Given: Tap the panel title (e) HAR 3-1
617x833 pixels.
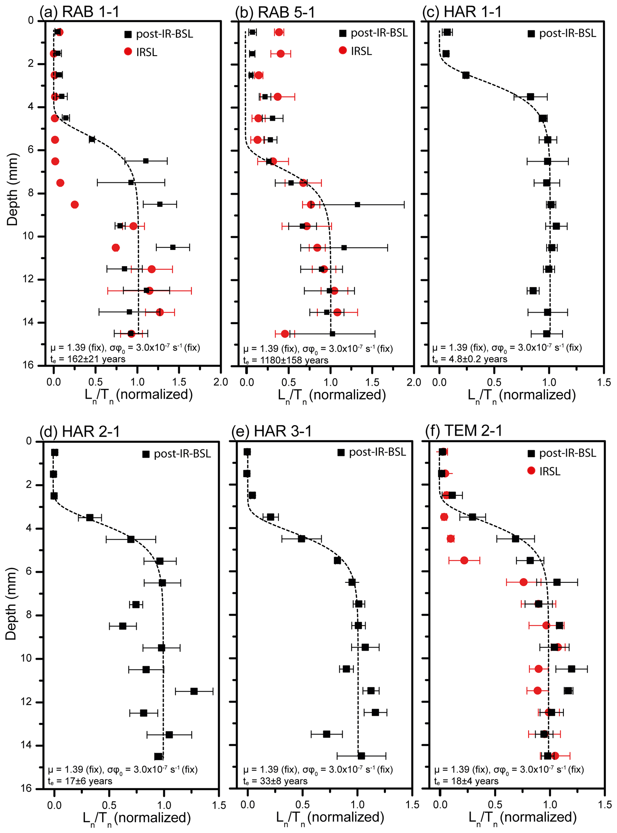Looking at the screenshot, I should coord(272,431).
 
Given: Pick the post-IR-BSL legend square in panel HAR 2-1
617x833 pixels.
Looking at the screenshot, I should coord(146,454).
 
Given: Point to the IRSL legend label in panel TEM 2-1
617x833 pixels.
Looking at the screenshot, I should coord(550,471).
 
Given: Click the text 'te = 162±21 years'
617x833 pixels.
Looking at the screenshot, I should coord(88,359).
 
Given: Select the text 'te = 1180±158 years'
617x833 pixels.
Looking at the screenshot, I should coord(286,360).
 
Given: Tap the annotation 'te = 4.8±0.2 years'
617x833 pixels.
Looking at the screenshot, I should coord(470,359).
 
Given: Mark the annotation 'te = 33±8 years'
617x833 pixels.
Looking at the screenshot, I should coord(275,781).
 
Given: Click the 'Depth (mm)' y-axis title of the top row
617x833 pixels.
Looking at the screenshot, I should coord(12,189).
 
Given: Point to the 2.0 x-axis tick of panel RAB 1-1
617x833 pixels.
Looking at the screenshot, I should coord(221,382).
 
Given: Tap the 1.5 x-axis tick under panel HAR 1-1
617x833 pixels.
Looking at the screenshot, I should coord(604,382).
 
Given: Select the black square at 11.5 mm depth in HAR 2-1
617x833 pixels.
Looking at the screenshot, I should coord(194,691).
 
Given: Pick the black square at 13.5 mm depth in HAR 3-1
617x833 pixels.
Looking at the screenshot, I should coord(327,734).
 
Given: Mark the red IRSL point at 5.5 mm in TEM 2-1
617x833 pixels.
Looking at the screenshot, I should coord(464,560).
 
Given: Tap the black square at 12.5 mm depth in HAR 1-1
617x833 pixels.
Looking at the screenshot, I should coord(533,291).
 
